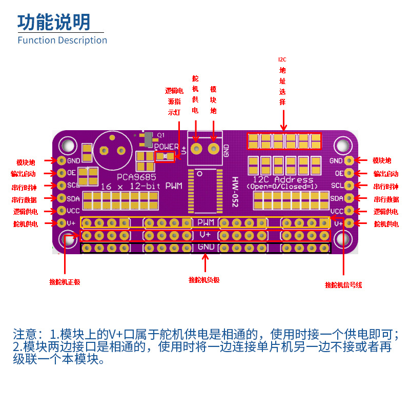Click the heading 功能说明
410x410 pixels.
point(54,22)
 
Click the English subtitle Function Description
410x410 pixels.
point(62,40)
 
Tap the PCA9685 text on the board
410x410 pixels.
point(136,177)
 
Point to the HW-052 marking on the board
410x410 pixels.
point(235,192)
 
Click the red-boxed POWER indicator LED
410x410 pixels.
point(165,157)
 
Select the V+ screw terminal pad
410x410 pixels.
point(196,149)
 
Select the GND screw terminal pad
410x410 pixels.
point(214,149)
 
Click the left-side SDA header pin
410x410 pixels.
point(61,198)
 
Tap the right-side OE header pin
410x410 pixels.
point(349,173)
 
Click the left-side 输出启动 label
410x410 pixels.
point(23,174)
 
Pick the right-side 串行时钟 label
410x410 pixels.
point(386,187)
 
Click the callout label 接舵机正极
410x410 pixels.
point(65,282)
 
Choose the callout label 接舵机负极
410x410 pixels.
point(204,280)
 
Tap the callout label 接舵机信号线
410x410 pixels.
point(343,285)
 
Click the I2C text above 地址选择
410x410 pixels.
point(282,59)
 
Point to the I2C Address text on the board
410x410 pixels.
point(283,179)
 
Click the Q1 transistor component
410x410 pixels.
point(148,139)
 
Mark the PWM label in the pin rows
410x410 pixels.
point(206,222)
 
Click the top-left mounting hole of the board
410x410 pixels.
point(68,146)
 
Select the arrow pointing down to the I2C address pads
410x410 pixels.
point(283,120)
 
